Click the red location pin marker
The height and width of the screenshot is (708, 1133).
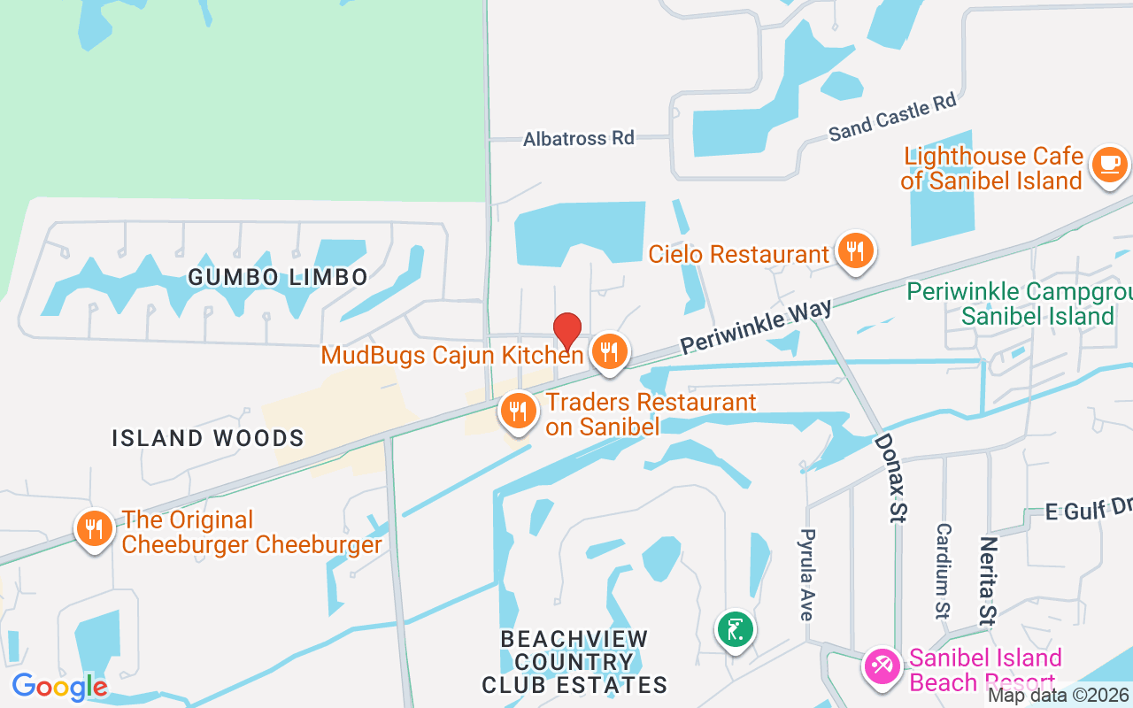567,330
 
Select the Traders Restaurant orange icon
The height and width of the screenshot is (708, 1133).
519,412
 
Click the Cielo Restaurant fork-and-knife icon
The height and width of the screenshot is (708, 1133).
854,250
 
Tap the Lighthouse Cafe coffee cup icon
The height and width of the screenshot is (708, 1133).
1109,164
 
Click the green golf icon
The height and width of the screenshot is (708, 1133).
735,630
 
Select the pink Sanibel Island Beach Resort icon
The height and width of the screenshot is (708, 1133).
883,665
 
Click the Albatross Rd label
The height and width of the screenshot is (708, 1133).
579,139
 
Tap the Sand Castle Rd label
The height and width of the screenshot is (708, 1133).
893,117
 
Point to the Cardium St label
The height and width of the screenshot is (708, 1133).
944,571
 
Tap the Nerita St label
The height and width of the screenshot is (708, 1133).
988,580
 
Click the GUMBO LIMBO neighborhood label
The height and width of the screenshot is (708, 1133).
278,277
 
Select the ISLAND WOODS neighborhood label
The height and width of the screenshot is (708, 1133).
208,438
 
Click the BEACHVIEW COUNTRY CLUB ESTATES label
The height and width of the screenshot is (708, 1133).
574,661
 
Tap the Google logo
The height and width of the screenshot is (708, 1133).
59,686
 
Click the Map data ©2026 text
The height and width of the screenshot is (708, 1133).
1059,696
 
